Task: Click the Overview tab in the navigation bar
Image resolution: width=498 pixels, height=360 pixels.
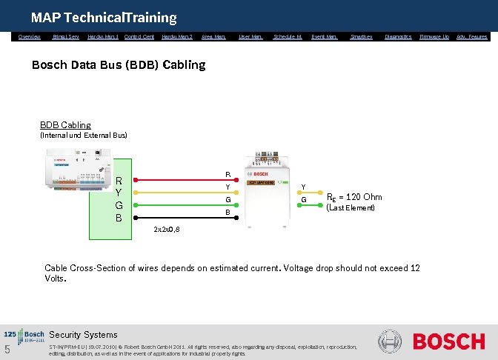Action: point(30,36)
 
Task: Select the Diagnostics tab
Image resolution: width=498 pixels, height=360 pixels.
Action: point(398,36)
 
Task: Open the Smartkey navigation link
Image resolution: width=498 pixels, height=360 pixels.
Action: point(361,36)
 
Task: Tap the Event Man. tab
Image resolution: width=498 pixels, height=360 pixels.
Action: point(324,36)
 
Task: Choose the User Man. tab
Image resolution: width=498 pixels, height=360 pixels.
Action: point(250,36)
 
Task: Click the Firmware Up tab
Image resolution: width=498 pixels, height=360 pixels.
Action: point(434,36)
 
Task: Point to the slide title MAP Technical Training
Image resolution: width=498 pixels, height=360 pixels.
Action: point(104,17)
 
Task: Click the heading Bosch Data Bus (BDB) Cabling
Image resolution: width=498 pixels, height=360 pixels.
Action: point(119,64)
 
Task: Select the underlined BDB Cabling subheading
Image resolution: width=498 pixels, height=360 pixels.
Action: point(65,125)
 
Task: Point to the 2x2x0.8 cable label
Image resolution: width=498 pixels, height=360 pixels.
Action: point(166,229)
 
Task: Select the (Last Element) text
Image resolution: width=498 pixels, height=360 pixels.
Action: point(351,208)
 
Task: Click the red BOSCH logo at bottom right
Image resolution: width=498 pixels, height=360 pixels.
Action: point(448,341)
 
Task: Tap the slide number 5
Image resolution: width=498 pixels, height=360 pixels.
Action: point(7,350)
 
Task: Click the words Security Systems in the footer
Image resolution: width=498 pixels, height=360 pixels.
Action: point(83,335)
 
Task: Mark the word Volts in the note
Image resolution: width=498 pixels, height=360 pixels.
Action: point(56,279)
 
